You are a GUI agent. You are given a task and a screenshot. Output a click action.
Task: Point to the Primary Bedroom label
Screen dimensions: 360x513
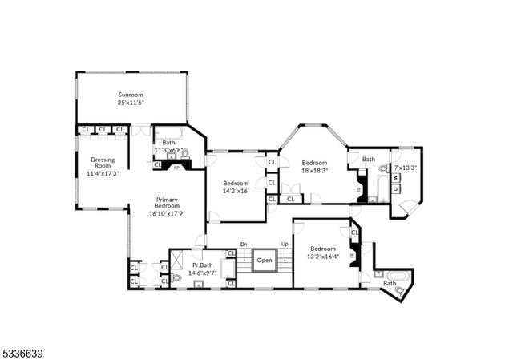tap(167, 204)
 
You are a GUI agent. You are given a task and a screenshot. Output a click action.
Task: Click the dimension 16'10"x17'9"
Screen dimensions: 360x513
tap(167, 213)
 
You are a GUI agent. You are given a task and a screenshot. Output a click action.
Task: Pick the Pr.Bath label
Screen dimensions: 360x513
tap(202, 265)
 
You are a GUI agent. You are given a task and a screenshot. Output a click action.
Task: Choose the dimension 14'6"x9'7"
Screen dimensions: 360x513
tap(202, 273)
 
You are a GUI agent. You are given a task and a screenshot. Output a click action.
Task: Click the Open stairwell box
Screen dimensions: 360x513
tap(265, 260)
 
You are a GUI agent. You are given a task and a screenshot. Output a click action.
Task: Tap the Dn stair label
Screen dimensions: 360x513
tap(244, 245)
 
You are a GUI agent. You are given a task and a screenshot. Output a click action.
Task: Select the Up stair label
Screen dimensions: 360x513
tap(285, 245)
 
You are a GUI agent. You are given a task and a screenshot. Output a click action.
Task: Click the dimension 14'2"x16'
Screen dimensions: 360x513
tap(236, 191)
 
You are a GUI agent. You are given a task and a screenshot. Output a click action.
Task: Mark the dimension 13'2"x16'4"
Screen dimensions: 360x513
tap(324, 257)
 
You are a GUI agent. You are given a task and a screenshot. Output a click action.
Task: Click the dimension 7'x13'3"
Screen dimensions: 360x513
tap(406, 168)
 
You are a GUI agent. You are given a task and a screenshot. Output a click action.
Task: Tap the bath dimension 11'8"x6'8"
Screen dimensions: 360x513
tap(169, 150)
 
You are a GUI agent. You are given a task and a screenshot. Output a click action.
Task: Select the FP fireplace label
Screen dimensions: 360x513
tap(176, 168)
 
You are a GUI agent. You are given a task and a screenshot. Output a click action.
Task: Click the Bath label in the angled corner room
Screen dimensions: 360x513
tap(390, 283)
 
